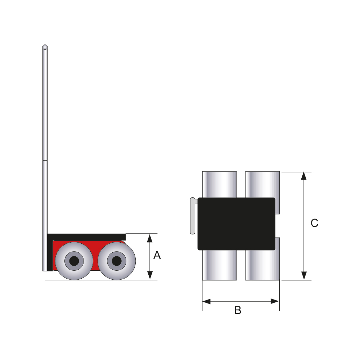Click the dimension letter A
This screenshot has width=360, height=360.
pos(157,255)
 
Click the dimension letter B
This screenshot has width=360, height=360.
pos(238,310)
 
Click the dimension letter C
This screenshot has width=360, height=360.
pos(314,223)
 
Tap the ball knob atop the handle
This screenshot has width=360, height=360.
pos(45,47)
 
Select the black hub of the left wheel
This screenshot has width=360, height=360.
pos(74,261)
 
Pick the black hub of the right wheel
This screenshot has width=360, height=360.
pos(117,261)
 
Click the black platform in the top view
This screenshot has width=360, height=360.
pos(237,224)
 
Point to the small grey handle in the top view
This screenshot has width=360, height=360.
pos(193,216)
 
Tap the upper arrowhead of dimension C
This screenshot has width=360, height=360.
pos(304,176)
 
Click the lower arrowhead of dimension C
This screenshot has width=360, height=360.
pos(304,276)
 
